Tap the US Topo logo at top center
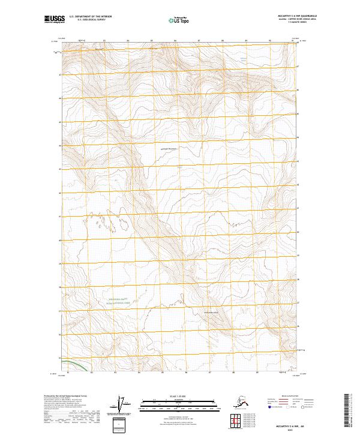pyautogui.click(x=180, y=20)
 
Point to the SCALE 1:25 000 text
pyautogui.click(x=179, y=394)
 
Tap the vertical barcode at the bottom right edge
pyautogui.click(x=347, y=411)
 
